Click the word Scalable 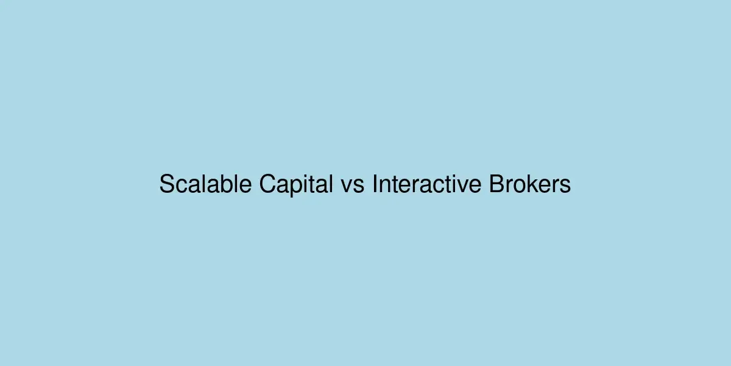point(207,184)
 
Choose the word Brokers point(530,184)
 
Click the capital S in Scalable point(167,184)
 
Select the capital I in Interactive point(375,184)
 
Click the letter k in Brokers point(532,184)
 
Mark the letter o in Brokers point(520,186)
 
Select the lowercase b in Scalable point(227,184)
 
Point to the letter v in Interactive point(461,186)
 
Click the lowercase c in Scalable point(182,186)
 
